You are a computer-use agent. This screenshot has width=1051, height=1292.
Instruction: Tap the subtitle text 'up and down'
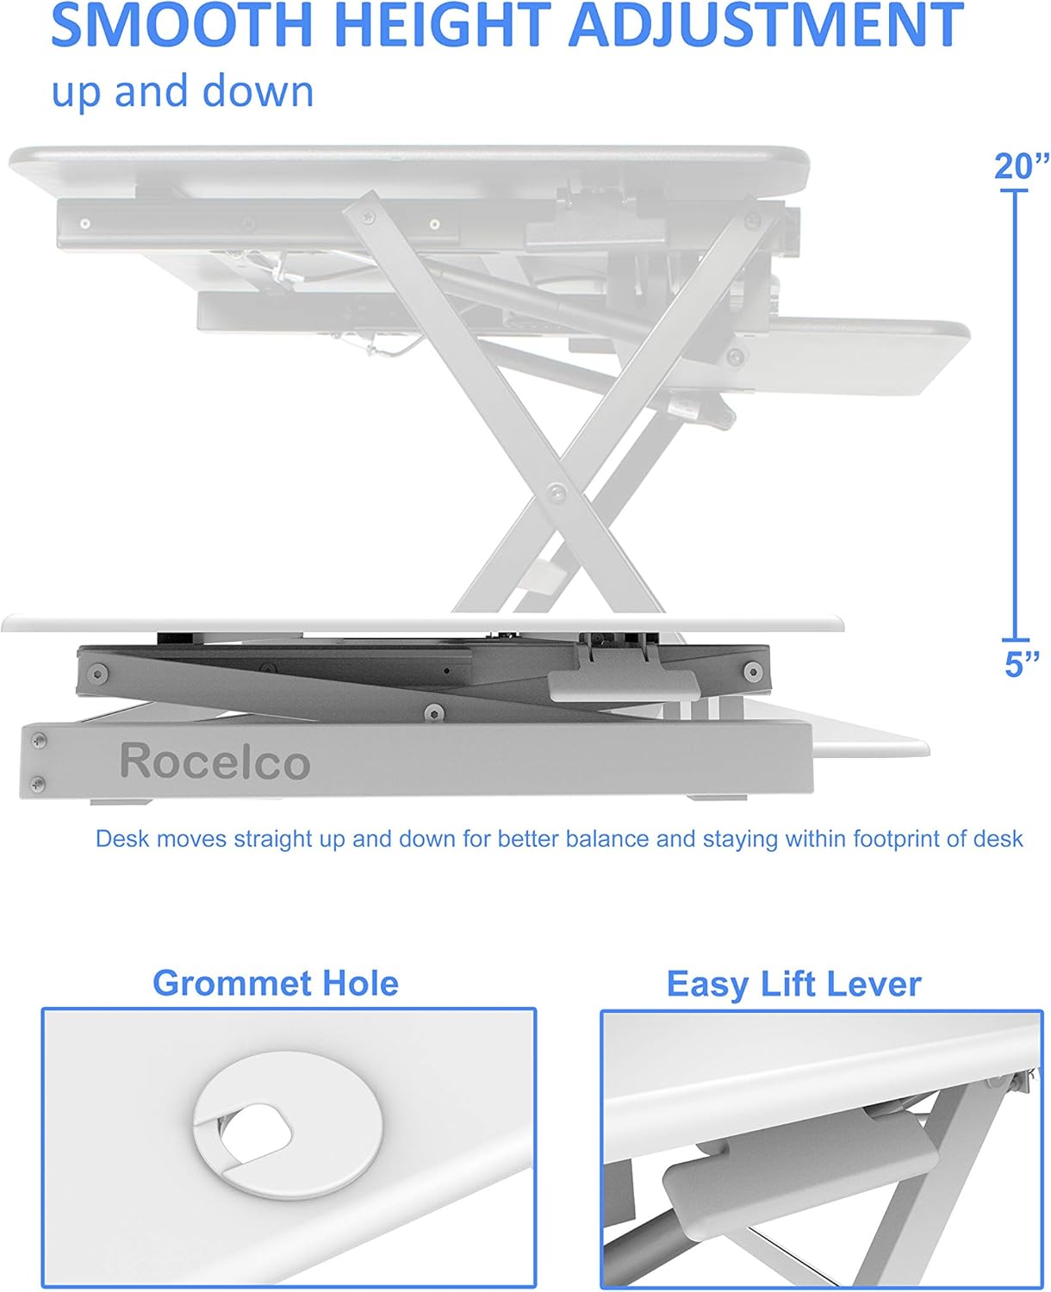(x=183, y=91)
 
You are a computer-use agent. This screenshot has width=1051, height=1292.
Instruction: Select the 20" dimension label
(x=1022, y=166)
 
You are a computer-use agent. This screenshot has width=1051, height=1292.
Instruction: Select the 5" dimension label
(x=1022, y=663)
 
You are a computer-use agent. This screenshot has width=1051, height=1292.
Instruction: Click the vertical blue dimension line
(x=1015, y=413)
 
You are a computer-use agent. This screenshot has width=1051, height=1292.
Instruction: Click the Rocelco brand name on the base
(x=215, y=761)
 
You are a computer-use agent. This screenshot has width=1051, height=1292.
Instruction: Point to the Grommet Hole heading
(x=275, y=983)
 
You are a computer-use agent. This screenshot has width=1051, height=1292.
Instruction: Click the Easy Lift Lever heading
(x=793, y=984)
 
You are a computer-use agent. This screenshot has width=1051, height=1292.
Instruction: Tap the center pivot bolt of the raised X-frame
(x=557, y=494)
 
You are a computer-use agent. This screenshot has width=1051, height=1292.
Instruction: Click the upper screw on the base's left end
(x=38, y=740)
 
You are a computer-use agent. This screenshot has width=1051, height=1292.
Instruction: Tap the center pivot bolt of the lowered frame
(x=434, y=711)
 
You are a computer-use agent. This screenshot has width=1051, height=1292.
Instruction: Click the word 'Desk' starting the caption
(x=121, y=839)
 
